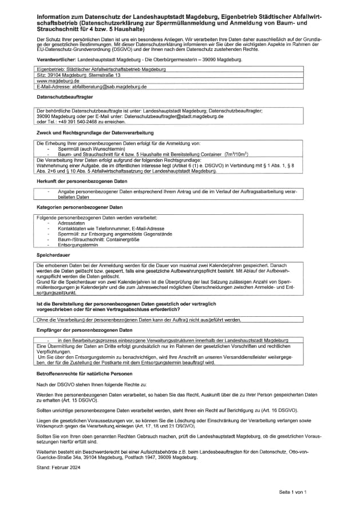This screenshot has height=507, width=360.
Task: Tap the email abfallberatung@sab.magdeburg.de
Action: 109,87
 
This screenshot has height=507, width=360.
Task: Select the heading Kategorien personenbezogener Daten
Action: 79,207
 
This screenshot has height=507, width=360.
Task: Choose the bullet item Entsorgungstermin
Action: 78,244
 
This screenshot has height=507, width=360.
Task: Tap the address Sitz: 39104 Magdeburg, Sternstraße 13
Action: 78,76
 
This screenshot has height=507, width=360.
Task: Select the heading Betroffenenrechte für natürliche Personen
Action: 87,372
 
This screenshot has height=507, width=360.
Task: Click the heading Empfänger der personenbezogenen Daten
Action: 84,331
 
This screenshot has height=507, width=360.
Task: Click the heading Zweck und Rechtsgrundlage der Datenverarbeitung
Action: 94,132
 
